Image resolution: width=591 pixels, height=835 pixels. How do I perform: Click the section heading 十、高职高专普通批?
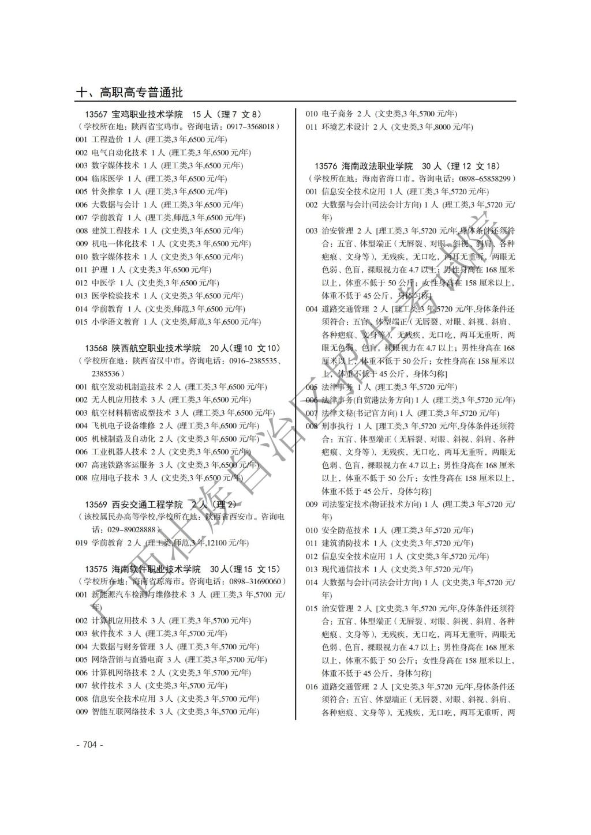[129, 92]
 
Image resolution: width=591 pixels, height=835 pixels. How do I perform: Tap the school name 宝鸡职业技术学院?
[147, 114]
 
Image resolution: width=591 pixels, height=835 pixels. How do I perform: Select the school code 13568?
[96, 348]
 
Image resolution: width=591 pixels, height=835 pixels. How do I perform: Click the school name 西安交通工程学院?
[147, 504]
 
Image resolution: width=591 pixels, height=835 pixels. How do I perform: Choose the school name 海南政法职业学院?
[377, 166]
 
